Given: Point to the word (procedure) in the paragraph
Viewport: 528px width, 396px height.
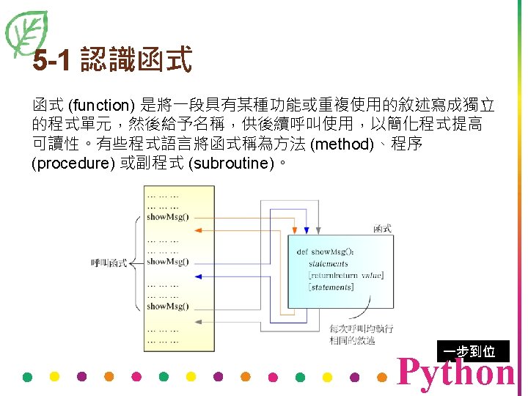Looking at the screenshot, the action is click(70, 163).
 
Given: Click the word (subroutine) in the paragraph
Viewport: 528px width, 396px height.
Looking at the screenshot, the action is click(231, 163).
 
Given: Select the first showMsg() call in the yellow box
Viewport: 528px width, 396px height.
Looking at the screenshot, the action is click(167, 216).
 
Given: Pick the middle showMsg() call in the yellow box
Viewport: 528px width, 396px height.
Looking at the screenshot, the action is click(167, 261).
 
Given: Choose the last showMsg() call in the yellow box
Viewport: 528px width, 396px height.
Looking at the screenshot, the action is click(167, 307).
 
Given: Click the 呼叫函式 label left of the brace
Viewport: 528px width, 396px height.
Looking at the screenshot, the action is click(109, 262).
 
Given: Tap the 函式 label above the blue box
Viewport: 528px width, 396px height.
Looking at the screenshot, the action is click(382, 229).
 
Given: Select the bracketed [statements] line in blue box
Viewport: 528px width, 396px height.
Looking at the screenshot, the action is click(331, 287).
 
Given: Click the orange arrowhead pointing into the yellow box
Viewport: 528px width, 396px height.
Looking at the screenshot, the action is click(198, 231).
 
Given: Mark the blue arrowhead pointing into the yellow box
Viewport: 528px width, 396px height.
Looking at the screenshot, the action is click(198, 276).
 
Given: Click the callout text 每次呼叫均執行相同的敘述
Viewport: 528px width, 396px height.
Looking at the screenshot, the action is click(352, 334).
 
